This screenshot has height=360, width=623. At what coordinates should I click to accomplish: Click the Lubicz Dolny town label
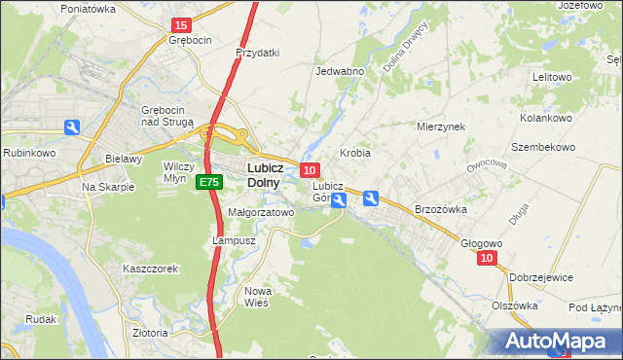coord(258,174)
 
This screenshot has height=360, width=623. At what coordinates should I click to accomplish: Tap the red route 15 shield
coord(180,24)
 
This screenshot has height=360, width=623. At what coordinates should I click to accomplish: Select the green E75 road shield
coord(207,183)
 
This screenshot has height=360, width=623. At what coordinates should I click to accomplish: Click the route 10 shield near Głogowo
coord(488,258)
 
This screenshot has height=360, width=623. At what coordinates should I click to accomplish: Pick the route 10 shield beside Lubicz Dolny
coord(309,170)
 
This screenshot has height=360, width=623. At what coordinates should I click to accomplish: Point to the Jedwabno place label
coord(340,71)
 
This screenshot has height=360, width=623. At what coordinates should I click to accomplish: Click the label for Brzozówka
coord(442,209)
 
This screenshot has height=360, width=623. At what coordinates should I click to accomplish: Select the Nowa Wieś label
coord(258,297)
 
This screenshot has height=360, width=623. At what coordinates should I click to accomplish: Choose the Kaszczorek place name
coord(150,269)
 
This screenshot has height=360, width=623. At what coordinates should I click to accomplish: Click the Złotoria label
coord(151,333)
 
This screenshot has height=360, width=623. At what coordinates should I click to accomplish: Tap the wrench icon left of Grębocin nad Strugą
coord(72,127)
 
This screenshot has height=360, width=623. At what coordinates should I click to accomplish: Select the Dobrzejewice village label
coord(541,277)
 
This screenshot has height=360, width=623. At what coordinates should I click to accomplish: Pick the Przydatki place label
coord(258,53)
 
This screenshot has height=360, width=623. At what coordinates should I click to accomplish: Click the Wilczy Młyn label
coord(179,172)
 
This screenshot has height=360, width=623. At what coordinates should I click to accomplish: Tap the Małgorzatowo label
coord(260,211)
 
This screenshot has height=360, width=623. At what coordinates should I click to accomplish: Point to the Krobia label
coord(355,154)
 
